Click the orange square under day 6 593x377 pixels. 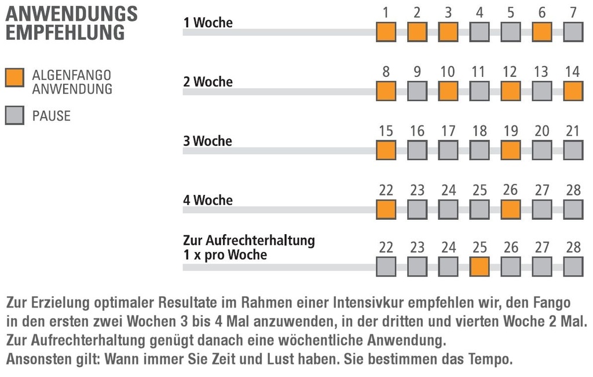(x=541, y=32)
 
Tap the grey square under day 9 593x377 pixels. (x=417, y=91)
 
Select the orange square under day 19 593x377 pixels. (x=510, y=150)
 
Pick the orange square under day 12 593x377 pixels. (x=510, y=91)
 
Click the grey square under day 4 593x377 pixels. (x=479, y=32)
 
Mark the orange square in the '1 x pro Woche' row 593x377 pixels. (x=479, y=267)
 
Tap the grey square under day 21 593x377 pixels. (x=573, y=150)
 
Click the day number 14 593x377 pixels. (x=572, y=72)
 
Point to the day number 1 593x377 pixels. (x=386, y=13)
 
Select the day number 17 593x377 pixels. (x=448, y=131)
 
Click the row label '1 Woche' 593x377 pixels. (x=208, y=23)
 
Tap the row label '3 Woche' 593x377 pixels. (x=208, y=141)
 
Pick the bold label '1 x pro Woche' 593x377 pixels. (x=225, y=254)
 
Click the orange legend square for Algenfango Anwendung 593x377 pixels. (x=14, y=77)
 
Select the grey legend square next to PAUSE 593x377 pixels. (x=14, y=115)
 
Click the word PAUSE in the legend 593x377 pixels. (x=52, y=116)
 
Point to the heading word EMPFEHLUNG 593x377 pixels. (x=65, y=33)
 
